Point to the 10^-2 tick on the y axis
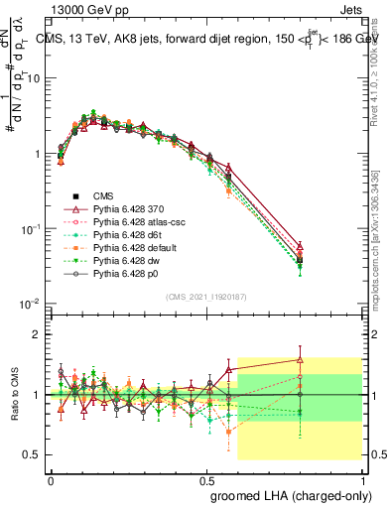[33, 304]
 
